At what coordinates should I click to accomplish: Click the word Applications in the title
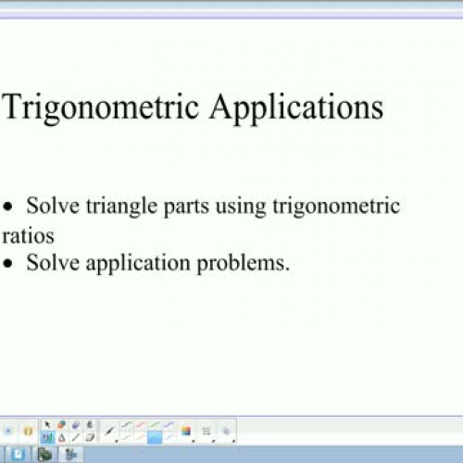(295, 107)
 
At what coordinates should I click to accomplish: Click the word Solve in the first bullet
(50, 206)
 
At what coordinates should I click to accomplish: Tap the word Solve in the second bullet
(50, 263)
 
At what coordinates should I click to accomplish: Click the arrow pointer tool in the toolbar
(48, 425)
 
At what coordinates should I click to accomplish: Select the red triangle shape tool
(60, 437)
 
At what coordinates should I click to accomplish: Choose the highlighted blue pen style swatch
(154, 437)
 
